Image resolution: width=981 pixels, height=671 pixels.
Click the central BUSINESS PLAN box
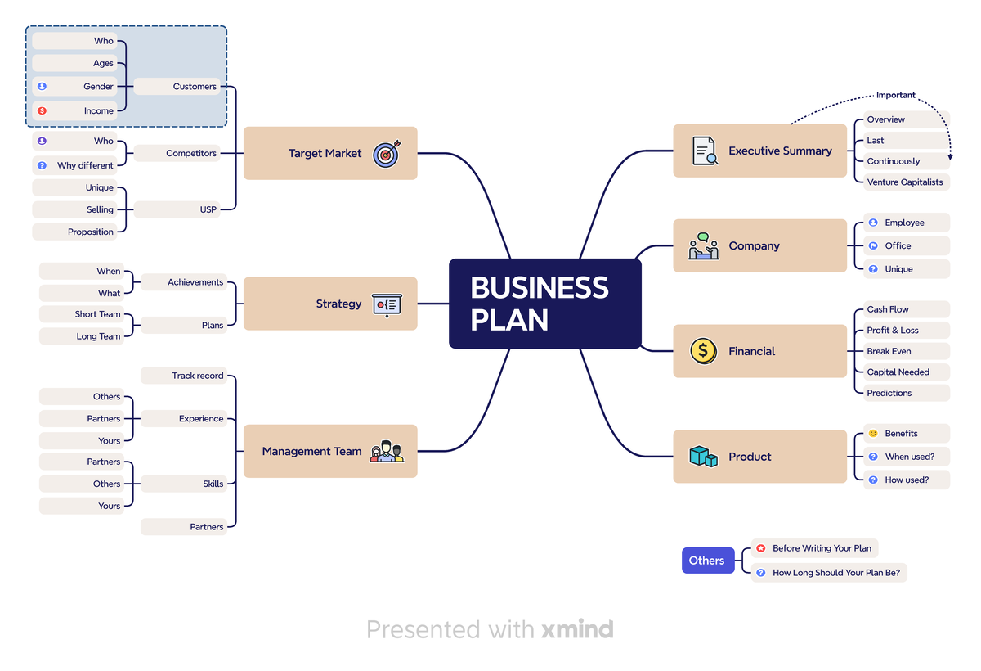point(544,304)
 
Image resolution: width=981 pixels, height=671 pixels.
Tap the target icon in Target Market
point(387,154)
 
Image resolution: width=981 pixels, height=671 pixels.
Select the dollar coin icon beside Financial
point(703,351)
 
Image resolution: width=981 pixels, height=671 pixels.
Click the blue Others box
point(708,560)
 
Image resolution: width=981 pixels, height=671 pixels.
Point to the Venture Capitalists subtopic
point(906,182)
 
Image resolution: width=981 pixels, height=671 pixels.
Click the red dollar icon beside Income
point(42,110)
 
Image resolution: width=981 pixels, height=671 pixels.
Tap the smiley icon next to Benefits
point(873,433)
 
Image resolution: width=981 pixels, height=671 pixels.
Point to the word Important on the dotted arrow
point(896,95)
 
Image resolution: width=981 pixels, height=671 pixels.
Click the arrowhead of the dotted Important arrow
point(950,157)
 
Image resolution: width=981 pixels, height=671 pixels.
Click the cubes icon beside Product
point(703,457)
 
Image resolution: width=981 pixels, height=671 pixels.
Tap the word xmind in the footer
point(577,629)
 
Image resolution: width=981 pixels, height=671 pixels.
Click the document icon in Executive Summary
point(704,151)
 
